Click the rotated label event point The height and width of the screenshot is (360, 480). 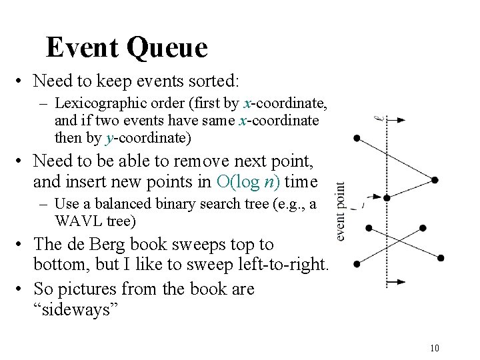(x=340, y=212)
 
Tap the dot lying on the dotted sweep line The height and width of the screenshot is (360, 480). (x=387, y=197)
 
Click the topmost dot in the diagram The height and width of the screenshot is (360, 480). (x=357, y=138)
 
